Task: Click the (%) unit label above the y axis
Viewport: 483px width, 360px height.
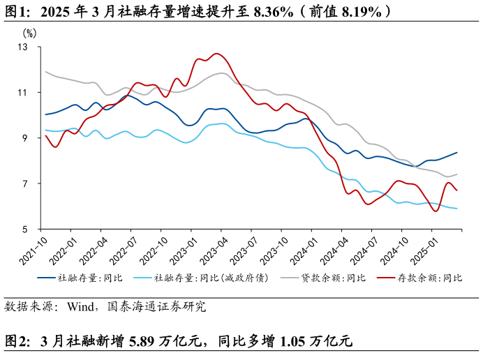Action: pos(29,33)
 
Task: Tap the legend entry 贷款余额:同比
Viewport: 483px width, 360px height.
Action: pos(334,278)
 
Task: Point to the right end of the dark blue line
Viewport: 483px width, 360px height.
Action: pos(457,152)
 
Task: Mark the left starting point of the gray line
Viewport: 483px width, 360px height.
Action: pos(45,72)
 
